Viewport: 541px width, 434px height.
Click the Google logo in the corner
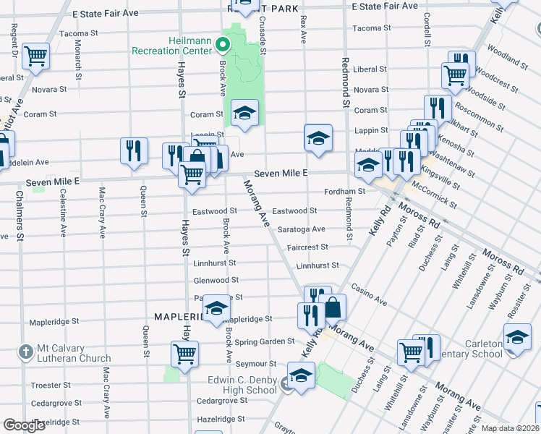[24, 425]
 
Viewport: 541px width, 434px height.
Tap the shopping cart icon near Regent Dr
[35, 56]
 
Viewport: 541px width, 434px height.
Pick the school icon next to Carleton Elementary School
[516, 339]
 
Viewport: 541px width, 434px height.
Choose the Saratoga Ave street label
[301, 229]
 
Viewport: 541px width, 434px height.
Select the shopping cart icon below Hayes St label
[184, 354]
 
